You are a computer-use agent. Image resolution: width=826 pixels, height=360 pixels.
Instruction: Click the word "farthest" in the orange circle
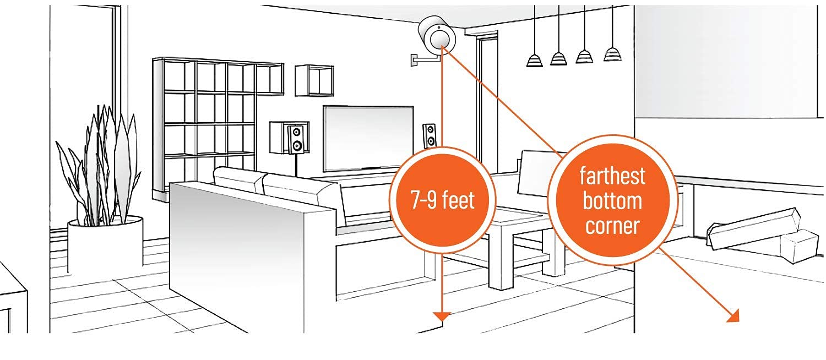pos(612,177)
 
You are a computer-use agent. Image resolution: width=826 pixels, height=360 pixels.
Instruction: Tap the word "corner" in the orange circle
pos(612,226)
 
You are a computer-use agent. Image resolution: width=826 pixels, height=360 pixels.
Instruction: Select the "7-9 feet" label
pos(443,201)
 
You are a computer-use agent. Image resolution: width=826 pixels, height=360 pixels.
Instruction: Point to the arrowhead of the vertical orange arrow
pos(442,316)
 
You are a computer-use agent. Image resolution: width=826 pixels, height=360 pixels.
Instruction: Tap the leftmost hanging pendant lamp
pos(534,59)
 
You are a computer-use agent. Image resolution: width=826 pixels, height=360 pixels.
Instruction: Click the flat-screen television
pos(368,138)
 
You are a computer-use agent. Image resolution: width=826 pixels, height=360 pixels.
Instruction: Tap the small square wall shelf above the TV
pos(314,81)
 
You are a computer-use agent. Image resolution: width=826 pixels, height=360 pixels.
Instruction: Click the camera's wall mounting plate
pos(414,59)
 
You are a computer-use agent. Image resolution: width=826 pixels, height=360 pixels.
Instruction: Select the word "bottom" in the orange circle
pos(612,201)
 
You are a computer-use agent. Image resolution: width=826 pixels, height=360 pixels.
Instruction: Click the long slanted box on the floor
pos(752,227)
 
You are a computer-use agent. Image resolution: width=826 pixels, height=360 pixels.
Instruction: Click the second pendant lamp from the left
pos(558,58)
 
